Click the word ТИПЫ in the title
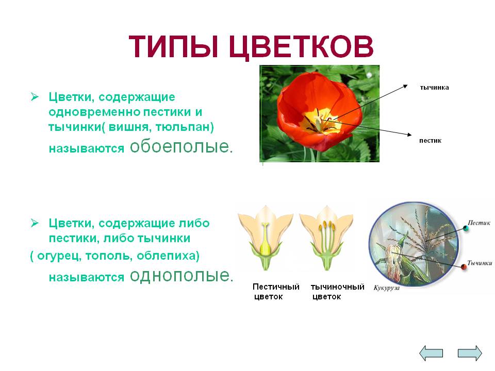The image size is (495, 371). coord(173,47)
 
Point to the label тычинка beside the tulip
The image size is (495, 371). coord(434,88)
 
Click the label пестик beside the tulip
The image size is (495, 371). coord(430,140)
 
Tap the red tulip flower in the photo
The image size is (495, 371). coord(319,110)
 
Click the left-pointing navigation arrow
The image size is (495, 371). coord(431,352)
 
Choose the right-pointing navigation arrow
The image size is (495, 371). coord(470,352)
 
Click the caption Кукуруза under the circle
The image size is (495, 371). coord(386,288)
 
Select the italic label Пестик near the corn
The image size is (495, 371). coord(479,223)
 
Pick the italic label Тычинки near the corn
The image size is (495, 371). coord(480,263)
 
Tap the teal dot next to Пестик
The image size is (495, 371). coord(465,228)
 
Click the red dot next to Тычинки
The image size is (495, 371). coord(464,267)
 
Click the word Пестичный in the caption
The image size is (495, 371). coord(276,287)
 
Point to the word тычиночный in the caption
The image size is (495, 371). coord(337,287)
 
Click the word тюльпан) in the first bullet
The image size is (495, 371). coord(185,127)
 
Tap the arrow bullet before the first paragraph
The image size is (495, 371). coord(35,96)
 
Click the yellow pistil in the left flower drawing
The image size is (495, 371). coord(265,240)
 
